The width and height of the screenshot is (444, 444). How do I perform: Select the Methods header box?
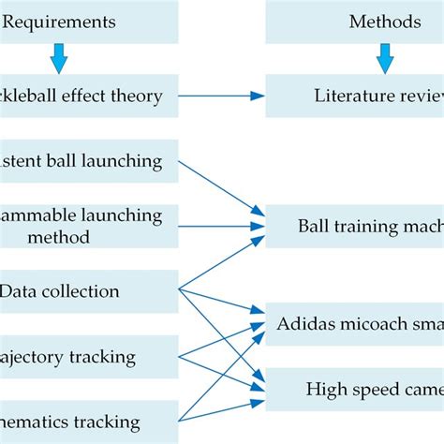356,22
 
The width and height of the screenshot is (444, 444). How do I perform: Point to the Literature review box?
356,95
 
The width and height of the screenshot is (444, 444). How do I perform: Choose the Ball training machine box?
356,226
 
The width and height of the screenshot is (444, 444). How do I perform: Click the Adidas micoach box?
356,324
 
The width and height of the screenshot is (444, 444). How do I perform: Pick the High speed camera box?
356,389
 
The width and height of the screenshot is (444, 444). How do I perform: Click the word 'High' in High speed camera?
324,389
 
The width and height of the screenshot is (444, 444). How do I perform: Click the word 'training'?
360,226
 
